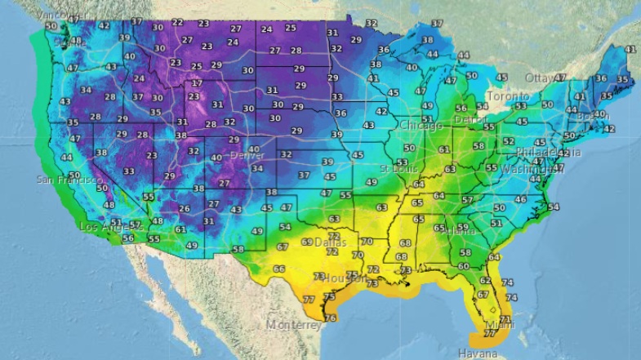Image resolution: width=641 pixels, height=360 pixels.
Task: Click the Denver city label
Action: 247,155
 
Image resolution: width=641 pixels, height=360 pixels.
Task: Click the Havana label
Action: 476,353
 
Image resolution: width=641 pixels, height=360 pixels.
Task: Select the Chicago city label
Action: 421,126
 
